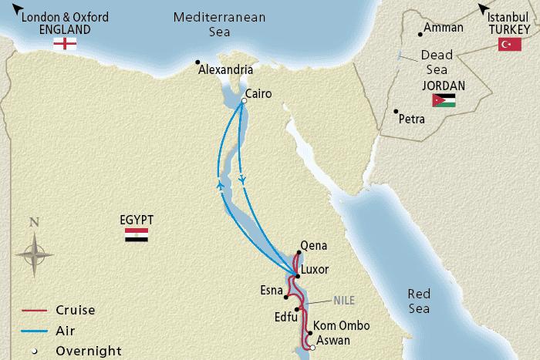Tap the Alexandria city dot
pyautogui.click(x=197, y=62)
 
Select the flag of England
pyautogui.click(x=64, y=44)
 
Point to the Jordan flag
pyautogui.click(x=444, y=99)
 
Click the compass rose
pyautogui.click(x=34, y=252)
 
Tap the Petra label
pyautogui.click(x=412, y=119)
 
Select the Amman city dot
pyautogui.click(x=420, y=32)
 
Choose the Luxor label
pyautogui.click(x=315, y=270)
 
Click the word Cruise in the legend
pyautogui.click(x=75, y=311)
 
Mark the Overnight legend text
pyautogui.click(x=89, y=351)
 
